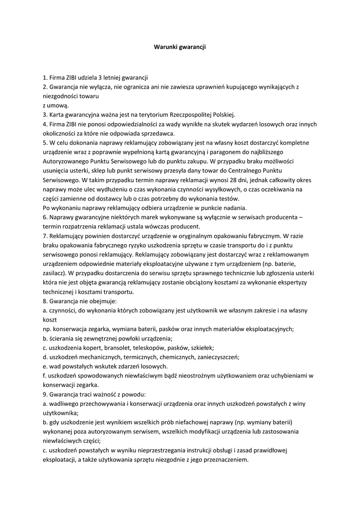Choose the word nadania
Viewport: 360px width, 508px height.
(233, 208)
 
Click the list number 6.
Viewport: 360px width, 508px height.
(45, 217)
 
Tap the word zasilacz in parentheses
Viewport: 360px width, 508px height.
(54, 273)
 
